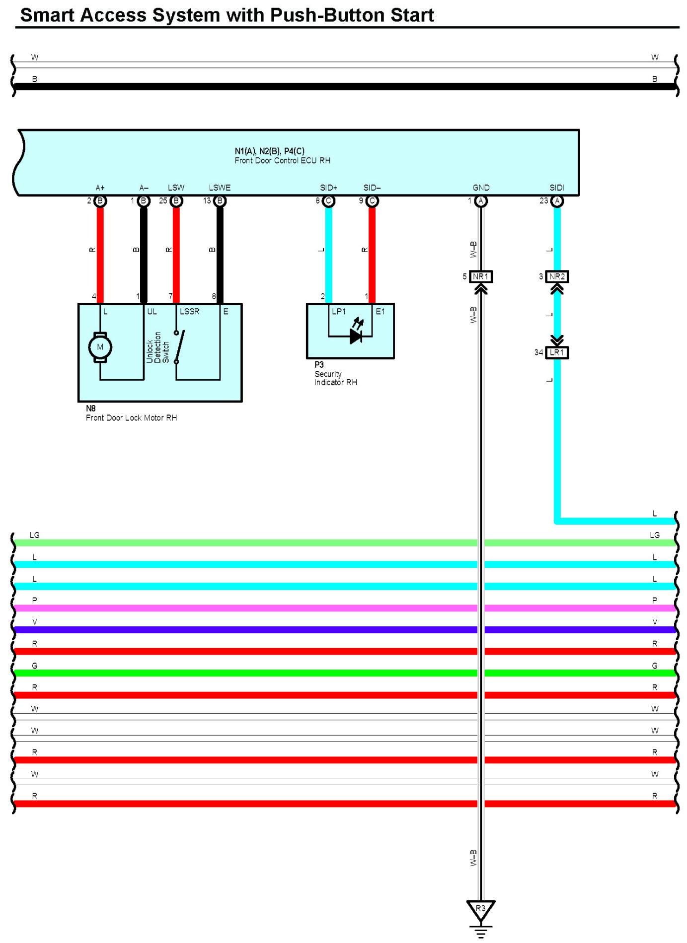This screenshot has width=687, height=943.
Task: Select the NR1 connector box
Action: pyautogui.click(x=480, y=276)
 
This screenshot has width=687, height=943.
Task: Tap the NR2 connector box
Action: pyautogui.click(x=557, y=276)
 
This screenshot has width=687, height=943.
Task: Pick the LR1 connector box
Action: pyautogui.click(x=557, y=352)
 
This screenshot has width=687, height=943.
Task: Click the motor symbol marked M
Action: pyautogui.click(x=100, y=347)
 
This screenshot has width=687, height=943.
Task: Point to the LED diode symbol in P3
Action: pyautogui.click(x=356, y=336)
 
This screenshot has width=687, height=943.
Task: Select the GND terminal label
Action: pyautogui.click(x=481, y=188)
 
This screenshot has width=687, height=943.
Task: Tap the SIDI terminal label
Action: pyautogui.click(x=557, y=188)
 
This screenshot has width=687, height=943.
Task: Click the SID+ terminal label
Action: pyautogui.click(x=328, y=188)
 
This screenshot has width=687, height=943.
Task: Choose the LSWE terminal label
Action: pyautogui.click(x=220, y=188)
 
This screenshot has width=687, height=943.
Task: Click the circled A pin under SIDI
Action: pyautogui.click(x=557, y=201)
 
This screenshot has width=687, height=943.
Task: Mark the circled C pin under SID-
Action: pyautogui.click(x=372, y=201)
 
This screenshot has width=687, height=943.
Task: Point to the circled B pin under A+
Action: pyautogui.click(x=100, y=201)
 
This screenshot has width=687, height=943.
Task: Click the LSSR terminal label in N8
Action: pyautogui.click(x=189, y=311)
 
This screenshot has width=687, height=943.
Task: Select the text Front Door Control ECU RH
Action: pyautogui.click(x=282, y=160)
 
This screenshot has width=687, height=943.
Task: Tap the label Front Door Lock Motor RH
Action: pyautogui.click(x=131, y=418)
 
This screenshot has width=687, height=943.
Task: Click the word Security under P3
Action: pyautogui.click(x=328, y=374)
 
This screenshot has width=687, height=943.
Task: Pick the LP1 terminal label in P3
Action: pyautogui.click(x=338, y=311)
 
